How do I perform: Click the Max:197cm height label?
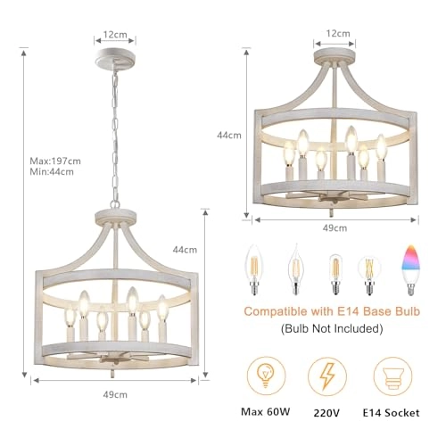(55, 161)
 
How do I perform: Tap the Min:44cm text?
(52, 173)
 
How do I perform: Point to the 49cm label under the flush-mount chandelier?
(334, 228)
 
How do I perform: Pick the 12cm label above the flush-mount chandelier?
(336, 32)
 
